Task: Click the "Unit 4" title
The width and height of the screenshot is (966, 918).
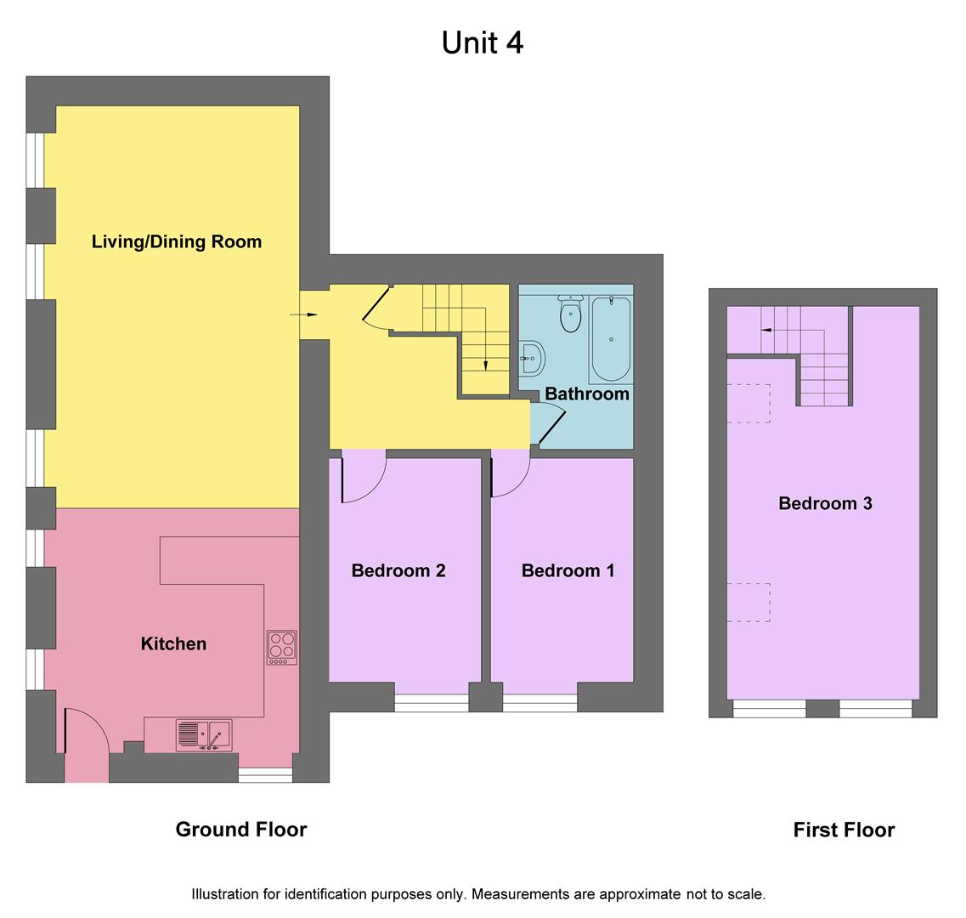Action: tap(482, 42)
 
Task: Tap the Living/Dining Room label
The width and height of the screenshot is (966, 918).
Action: tap(177, 241)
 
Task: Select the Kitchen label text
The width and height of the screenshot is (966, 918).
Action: tap(173, 643)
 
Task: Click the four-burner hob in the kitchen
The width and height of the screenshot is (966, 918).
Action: tap(282, 647)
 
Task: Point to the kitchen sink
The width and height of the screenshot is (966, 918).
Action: tap(204, 735)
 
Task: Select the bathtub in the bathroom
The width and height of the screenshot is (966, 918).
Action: tap(611, 339)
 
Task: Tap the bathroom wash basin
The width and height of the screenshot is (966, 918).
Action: tap(531, 358)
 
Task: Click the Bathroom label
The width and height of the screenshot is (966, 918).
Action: tap(587, 394)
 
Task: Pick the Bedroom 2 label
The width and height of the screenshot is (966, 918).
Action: tap(398, 570)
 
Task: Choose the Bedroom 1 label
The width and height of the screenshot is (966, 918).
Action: tap(568, 570)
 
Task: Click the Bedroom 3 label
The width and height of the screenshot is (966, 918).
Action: tap(825, 503)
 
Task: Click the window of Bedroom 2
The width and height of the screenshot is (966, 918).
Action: tap(432, 702)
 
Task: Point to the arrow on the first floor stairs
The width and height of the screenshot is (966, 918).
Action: tap(767, 329)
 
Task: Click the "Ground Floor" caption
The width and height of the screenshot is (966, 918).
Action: tap(240, 830)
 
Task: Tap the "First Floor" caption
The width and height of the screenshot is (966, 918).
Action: tap(844, 830)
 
